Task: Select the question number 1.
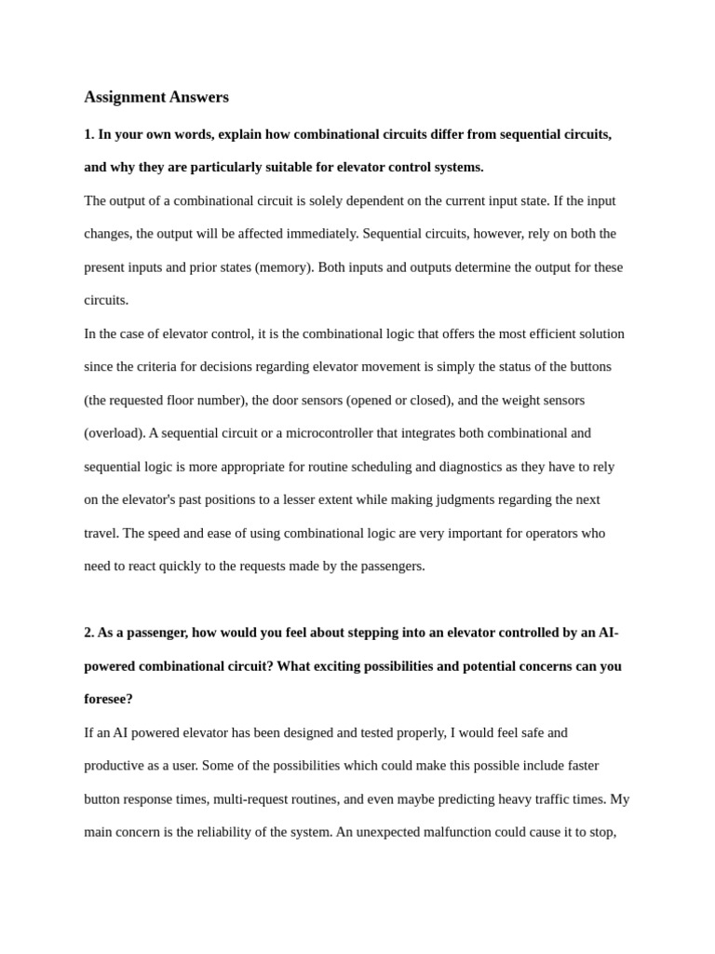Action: point(88,134)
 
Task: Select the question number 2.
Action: point(88,633)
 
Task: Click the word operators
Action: point(554,533)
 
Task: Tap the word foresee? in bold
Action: point(108,699)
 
